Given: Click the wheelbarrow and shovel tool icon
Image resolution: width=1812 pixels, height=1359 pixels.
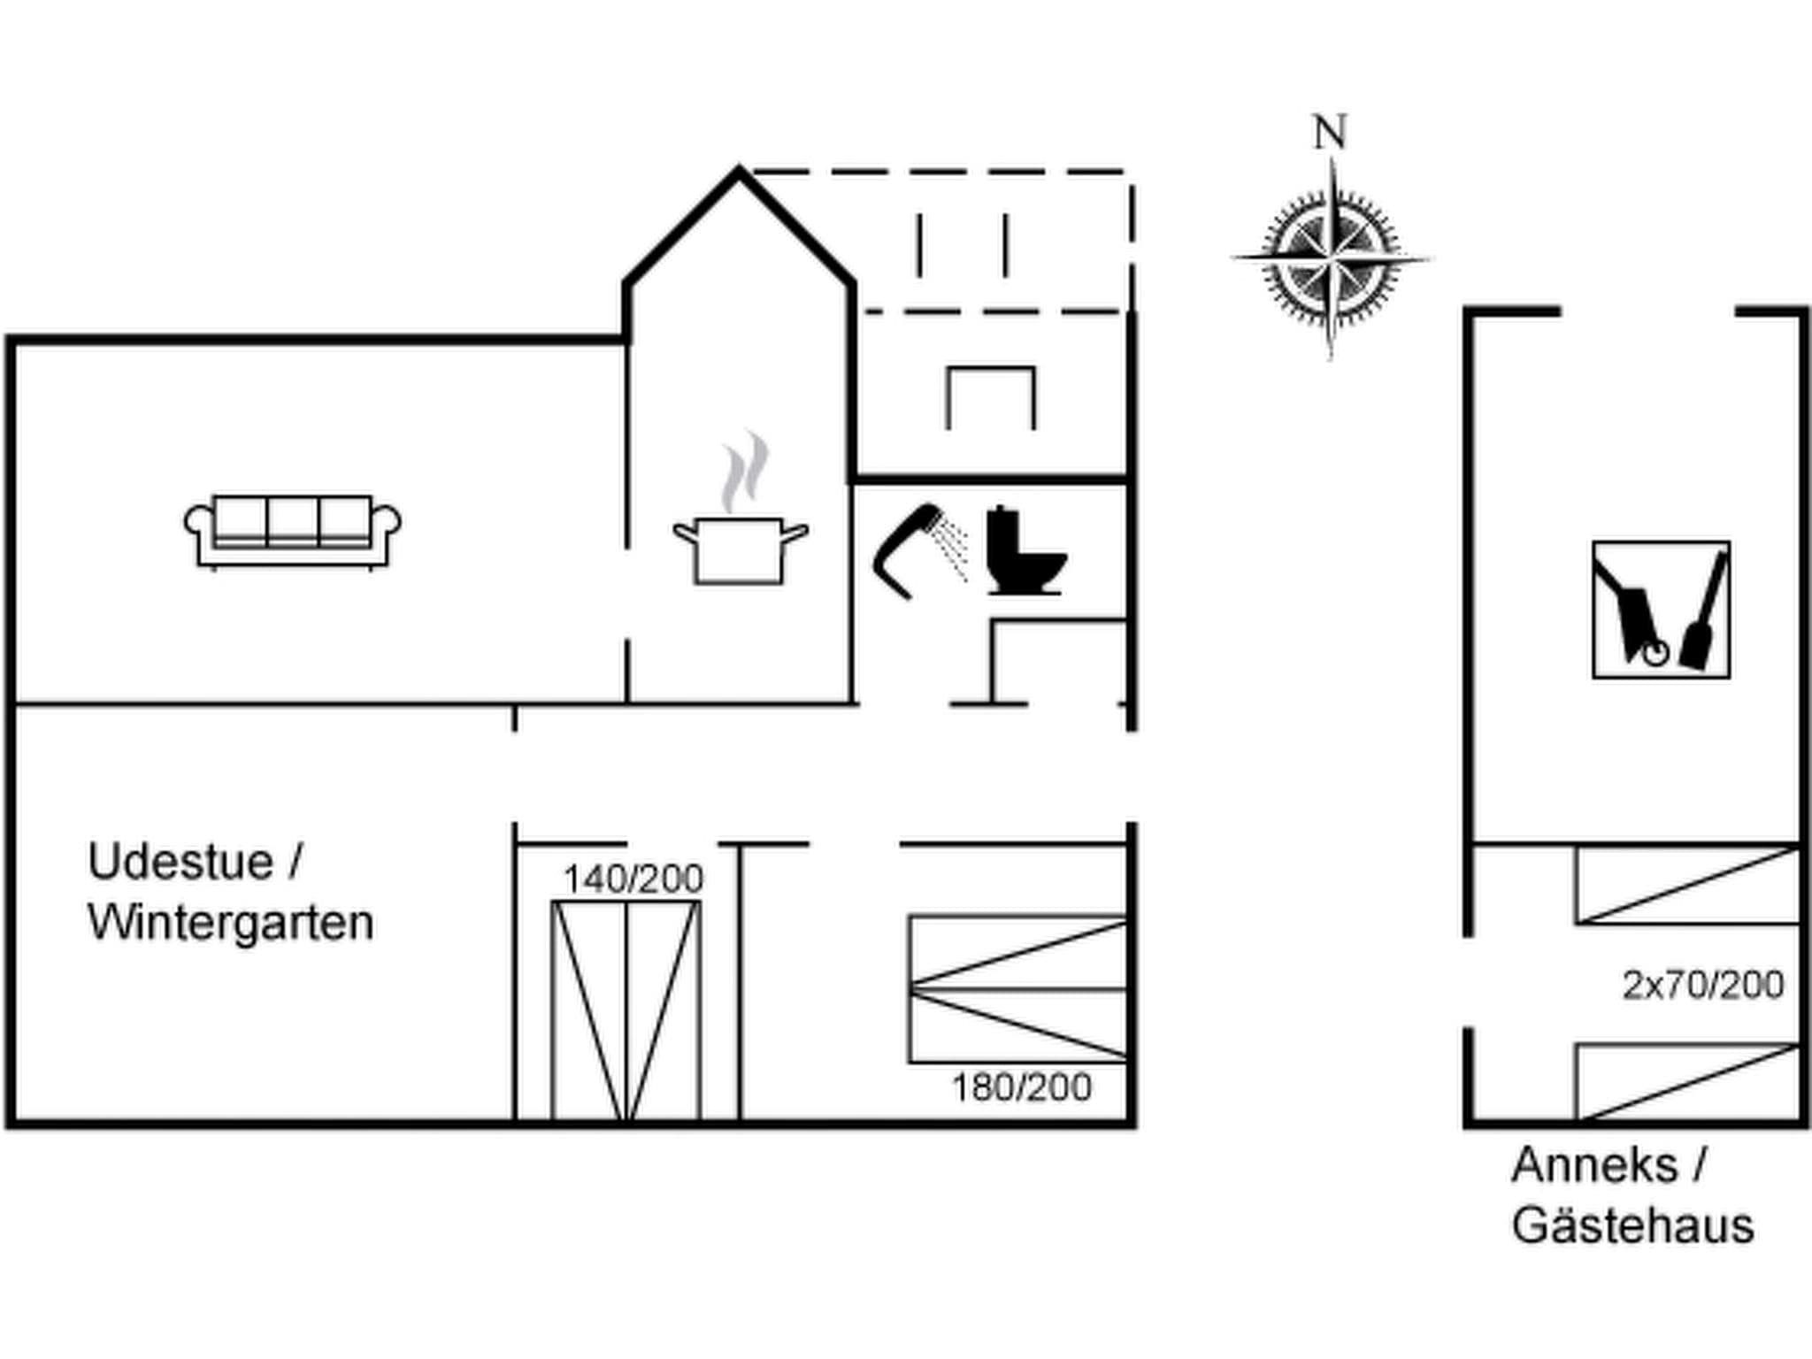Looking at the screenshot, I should click(x=1661, y=610).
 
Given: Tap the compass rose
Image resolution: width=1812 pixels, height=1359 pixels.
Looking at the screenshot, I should click(x=1331, y=258).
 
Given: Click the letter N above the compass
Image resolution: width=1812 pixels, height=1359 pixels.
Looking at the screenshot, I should click(x=1330, y=133).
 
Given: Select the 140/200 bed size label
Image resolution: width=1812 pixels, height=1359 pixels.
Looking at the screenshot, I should click(x=633, y=879).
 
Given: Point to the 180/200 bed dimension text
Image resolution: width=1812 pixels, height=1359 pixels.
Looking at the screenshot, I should click(x=1021, y=1087).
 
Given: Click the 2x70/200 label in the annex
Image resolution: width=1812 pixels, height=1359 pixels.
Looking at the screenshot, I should click(x=1703, y=985).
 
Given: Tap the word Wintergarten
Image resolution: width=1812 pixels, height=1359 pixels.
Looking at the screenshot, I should click(x=231, y=923).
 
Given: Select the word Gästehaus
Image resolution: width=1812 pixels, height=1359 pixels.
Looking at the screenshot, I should click(x=1632, y=1226).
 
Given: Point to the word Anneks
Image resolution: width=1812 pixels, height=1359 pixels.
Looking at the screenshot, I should click(x=1594, y=1165).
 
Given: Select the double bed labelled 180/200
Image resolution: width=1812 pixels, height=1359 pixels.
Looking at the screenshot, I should click(x=1018, y=989).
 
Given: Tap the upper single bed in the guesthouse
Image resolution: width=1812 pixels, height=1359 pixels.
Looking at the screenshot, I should click(x=1688, y=885).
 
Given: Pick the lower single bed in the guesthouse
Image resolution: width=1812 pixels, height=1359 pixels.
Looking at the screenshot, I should click(x=1688, y=1082).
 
